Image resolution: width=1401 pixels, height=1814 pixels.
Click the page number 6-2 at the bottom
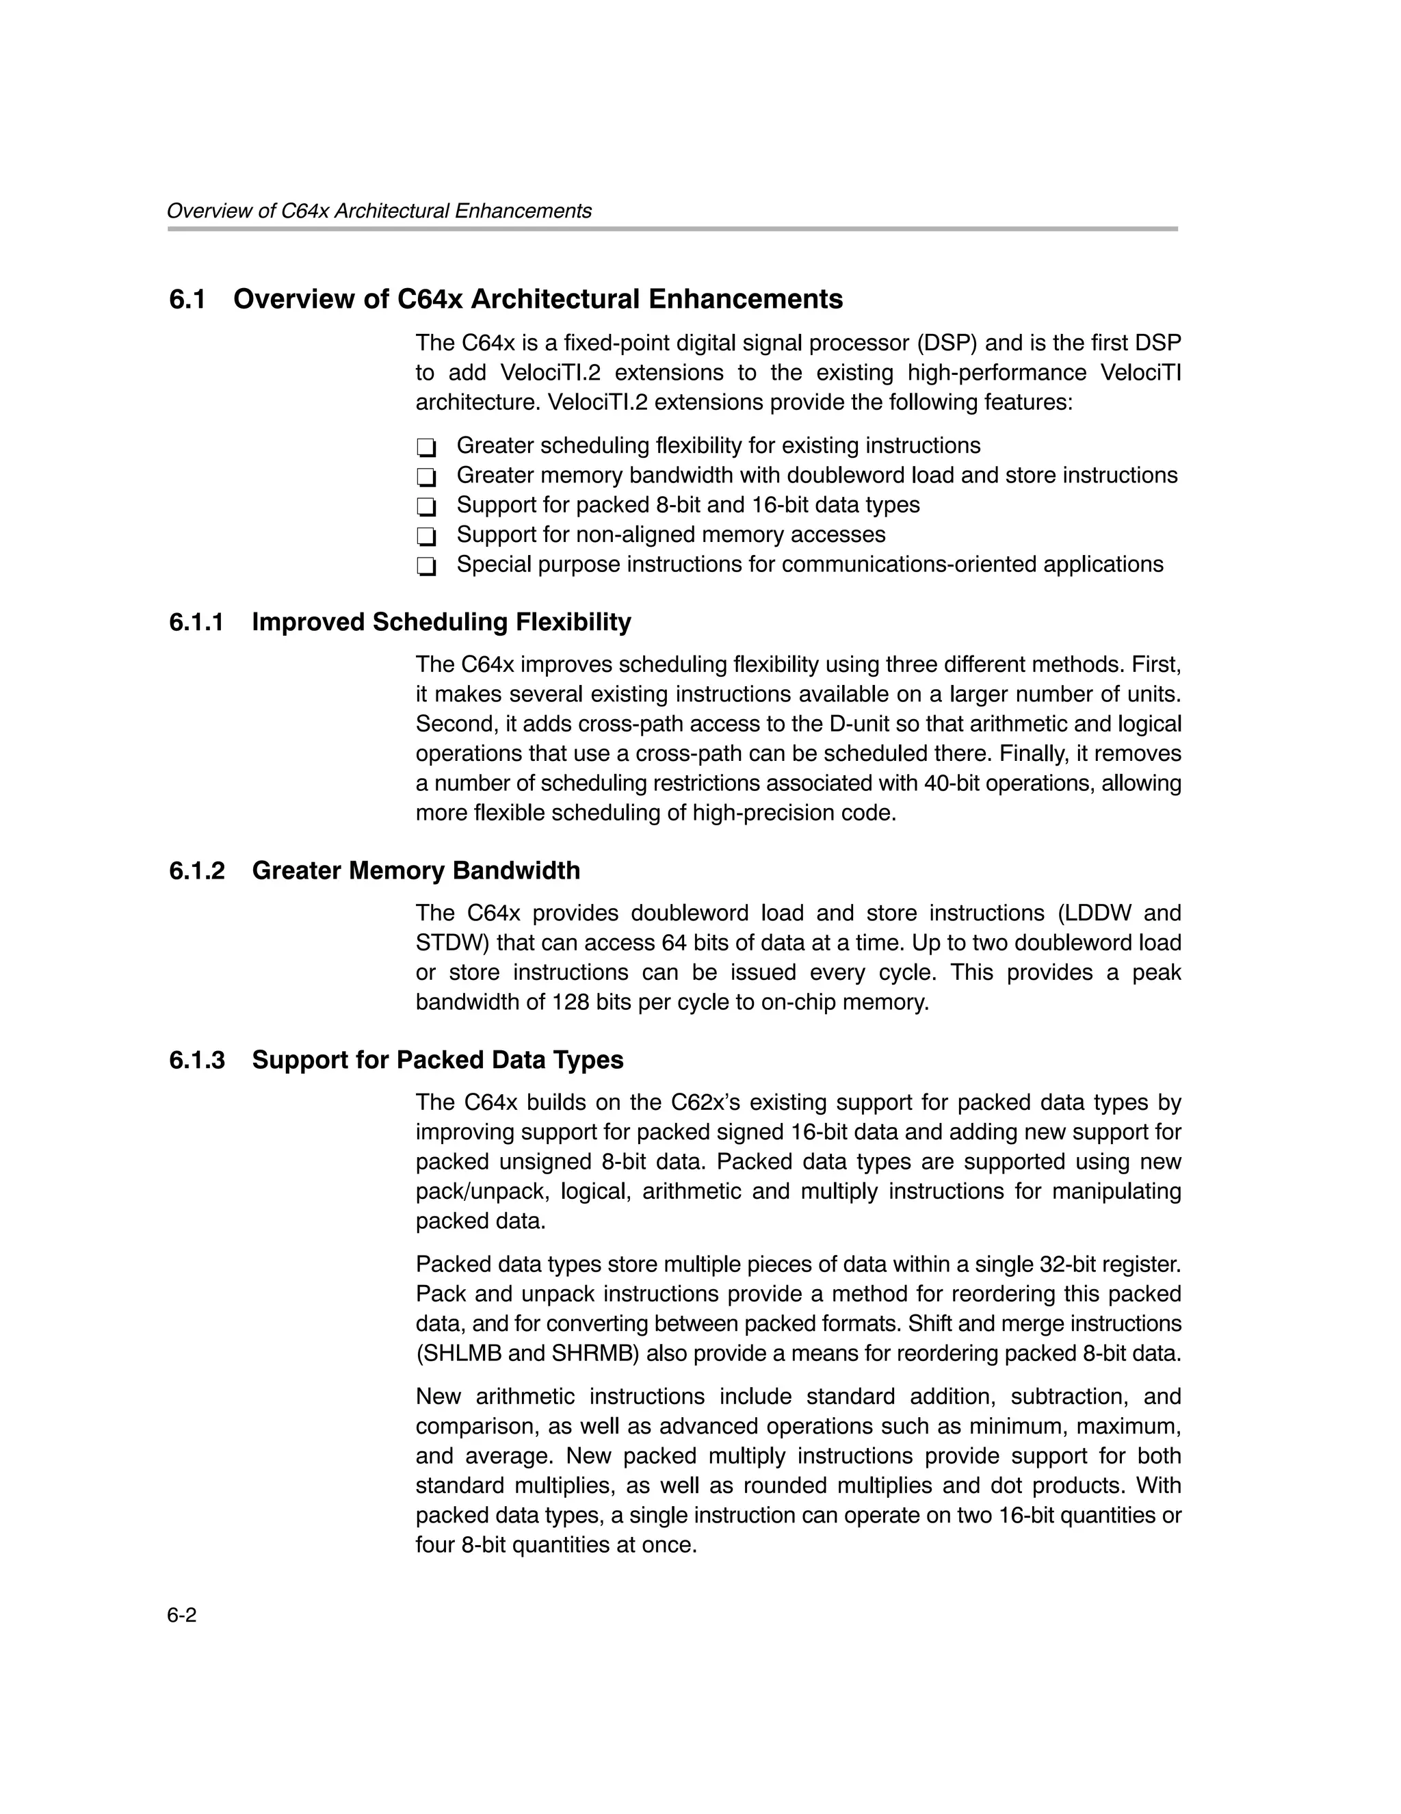click(x=182, y=1615)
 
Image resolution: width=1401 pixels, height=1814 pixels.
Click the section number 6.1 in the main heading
click(x=187, y=299)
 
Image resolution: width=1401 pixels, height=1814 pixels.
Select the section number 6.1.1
click(x=197, y=622)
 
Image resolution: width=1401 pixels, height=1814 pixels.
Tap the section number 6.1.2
click(x=197, y=870)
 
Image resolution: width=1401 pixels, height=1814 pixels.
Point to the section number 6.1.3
click(x=197, y=1060)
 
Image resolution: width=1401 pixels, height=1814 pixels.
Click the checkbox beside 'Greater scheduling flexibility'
click(x=426, y=448)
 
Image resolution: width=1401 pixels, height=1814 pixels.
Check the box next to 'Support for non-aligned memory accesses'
click(x=426, y=536)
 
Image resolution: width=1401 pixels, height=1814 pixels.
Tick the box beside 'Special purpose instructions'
click(x=426, y=567)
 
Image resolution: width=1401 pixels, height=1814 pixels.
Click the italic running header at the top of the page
click(x=379, y=211)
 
